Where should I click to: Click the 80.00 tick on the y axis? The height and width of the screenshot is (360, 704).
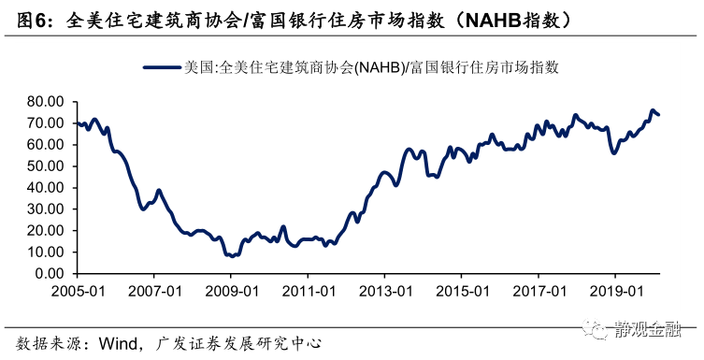tap(44, 101)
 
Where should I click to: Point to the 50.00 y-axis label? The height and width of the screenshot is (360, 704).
tap(44, 166)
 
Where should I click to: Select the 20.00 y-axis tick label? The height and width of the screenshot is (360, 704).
tap(44, 230)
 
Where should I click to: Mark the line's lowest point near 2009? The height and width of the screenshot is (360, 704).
tap(230, 255)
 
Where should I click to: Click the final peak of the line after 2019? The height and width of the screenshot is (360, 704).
tap(652, 110)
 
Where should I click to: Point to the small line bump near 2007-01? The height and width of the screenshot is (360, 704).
tap(159, 191)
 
